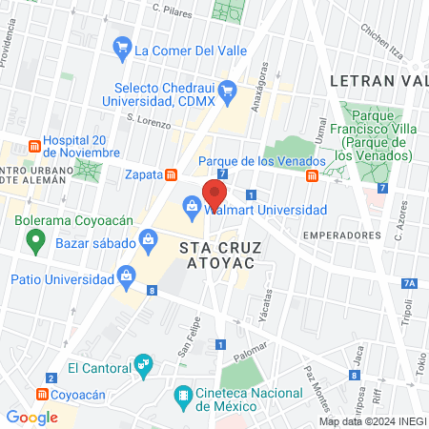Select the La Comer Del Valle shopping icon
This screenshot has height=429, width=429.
[122, 47]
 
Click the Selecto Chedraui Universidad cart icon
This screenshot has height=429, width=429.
[227, 92]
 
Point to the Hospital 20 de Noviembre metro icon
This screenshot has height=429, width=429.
[35, 147]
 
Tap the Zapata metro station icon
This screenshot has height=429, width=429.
[172, 174]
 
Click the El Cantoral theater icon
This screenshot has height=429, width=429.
[143, 363]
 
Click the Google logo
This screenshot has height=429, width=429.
[31, 417]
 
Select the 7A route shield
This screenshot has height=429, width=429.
[410, 283]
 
